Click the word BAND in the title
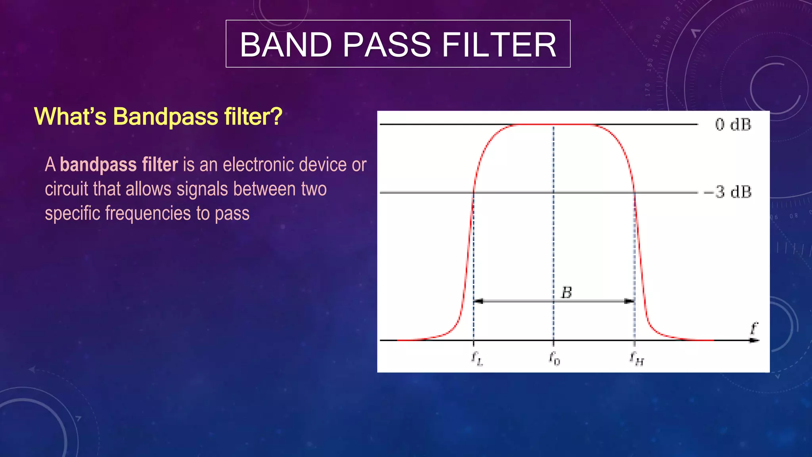[x=286, y=44]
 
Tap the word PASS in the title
[x=387, y=44]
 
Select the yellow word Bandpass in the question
[x=165, y=117]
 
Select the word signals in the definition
[x=203, y=189]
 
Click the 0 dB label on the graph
[x=733, y=125]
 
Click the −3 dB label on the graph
[x=728, y=192]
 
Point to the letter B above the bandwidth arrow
[x=567, y=293]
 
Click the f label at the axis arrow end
[x=754, y=328]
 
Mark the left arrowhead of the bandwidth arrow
[x=479, y=301]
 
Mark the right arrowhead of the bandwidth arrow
[x=629, y=301]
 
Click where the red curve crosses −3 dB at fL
[x=473, y=192]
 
